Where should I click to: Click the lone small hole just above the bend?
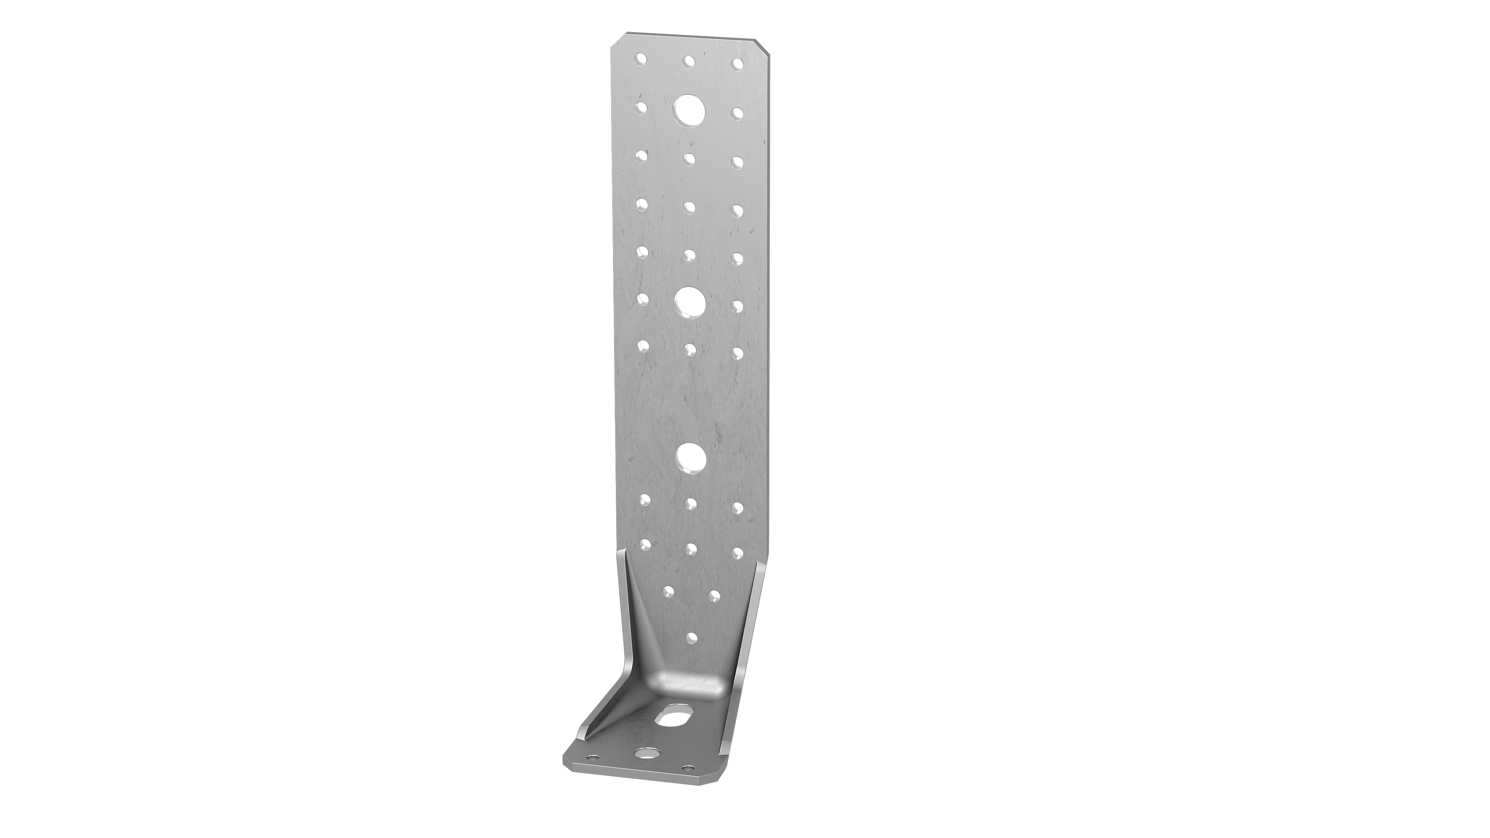coord(689,636)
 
